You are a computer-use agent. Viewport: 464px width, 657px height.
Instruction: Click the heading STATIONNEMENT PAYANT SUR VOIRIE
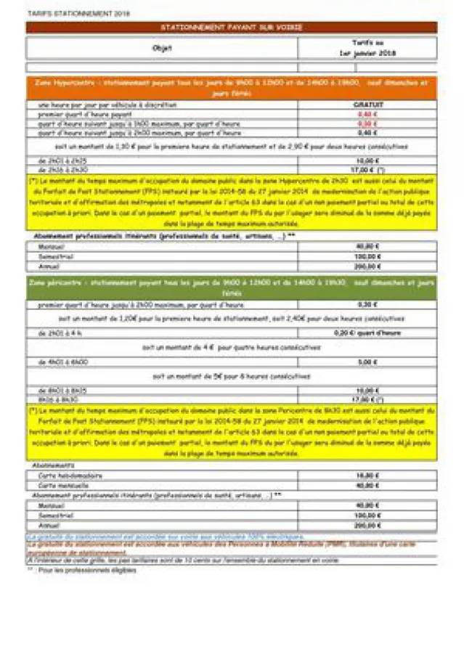point(232,28)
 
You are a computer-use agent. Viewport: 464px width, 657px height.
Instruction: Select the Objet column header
point(162,49)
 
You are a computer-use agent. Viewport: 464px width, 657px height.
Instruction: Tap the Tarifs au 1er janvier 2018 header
point(367,49)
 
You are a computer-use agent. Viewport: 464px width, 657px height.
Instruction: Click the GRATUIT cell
point(367,105)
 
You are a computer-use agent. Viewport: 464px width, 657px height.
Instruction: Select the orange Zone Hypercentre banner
point(232,88)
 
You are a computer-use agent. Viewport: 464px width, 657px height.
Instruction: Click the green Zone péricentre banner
point(232,286)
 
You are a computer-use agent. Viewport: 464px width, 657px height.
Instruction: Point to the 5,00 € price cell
point(367,362)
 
